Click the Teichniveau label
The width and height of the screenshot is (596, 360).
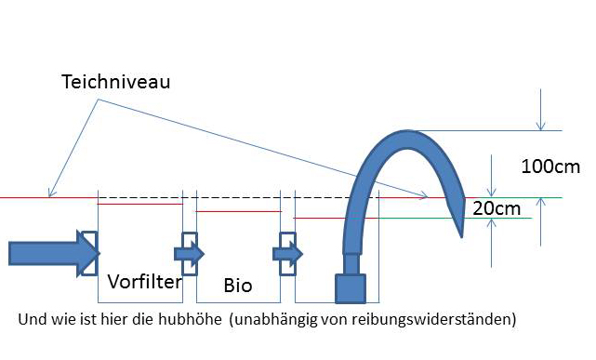(115, 82)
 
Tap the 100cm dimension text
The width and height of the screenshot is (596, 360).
(550, 167)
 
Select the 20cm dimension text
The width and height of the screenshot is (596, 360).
(497, 208)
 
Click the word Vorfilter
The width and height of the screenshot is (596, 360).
(145, 282)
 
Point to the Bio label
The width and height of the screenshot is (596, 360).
(238, 286)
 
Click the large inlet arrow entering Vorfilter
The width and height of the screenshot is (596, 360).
(54, 253)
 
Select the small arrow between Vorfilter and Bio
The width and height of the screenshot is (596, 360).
(190, 254)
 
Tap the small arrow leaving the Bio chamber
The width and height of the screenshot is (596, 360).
(287, 254)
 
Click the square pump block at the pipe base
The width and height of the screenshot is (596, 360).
(351, 289)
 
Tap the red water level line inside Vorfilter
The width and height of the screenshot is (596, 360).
(140, 204)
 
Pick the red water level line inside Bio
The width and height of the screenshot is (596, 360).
(239, 211)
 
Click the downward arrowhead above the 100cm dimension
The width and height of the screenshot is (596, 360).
(540, 126)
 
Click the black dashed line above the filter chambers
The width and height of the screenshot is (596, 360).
(239, 198)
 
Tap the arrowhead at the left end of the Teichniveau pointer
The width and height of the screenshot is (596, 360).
(51, 193)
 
